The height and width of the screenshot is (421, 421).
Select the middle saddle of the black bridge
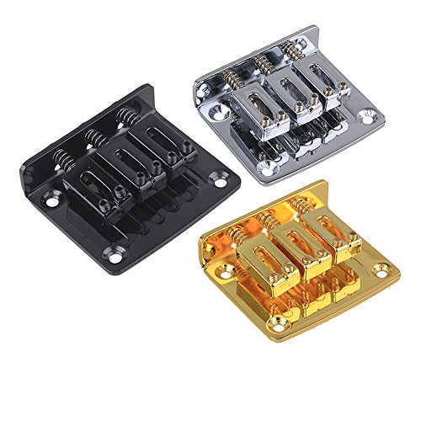point(124,159)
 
